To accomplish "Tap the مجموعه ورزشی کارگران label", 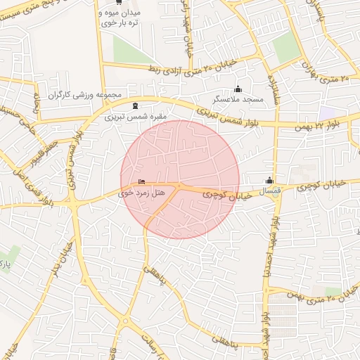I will tap(85, 94).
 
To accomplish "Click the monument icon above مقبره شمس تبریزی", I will tap(135, 105).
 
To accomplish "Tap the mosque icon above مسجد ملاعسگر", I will tap(238, 89).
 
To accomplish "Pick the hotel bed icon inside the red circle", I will tap(143, 181).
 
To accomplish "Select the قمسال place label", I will tap(270, 191).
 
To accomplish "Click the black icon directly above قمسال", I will tap(269, 180).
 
